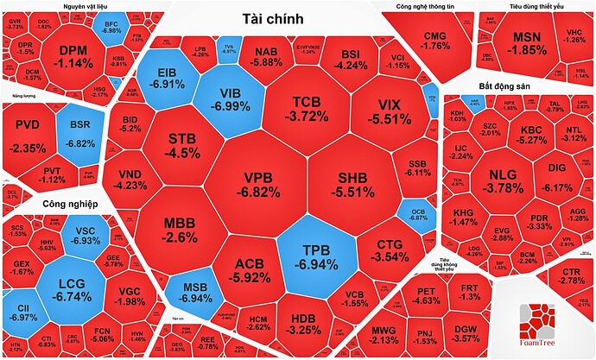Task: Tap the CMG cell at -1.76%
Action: [436, 40]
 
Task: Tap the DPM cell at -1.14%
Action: [74, 56]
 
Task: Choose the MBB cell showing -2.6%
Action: [181, 231]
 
